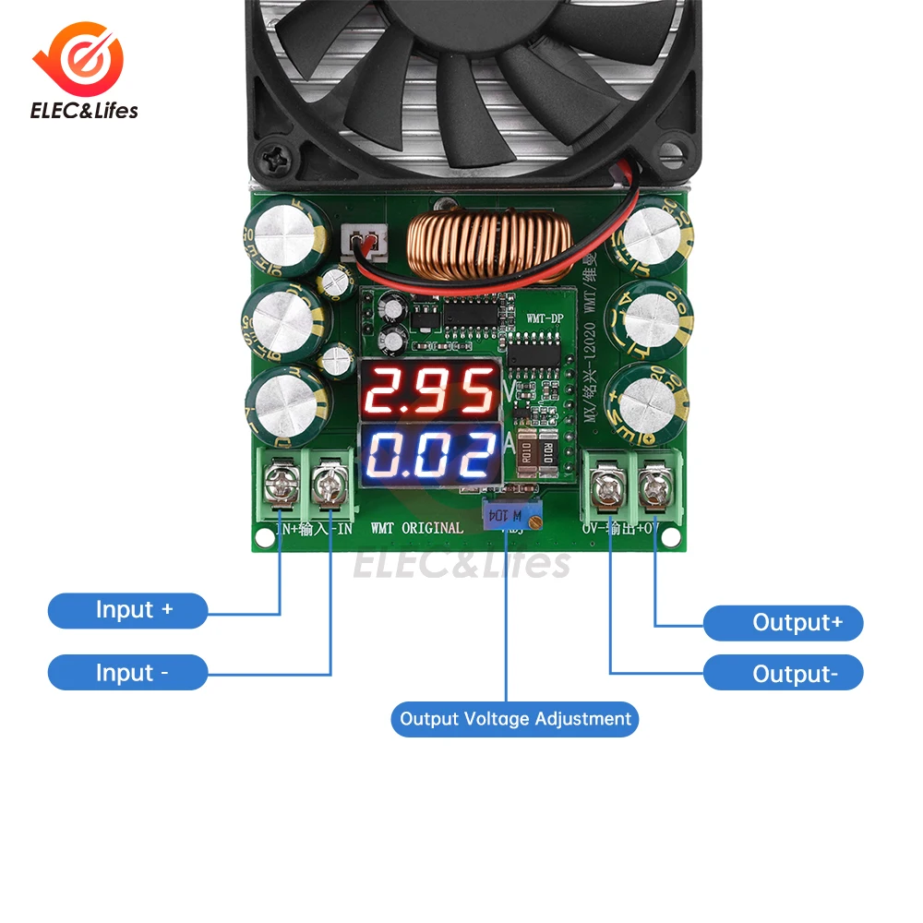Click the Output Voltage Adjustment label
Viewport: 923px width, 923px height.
515,719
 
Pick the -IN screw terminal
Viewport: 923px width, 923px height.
330,482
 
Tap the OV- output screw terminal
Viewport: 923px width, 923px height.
607,485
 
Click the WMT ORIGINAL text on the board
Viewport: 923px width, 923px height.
417,528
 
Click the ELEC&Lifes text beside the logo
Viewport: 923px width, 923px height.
85,112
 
